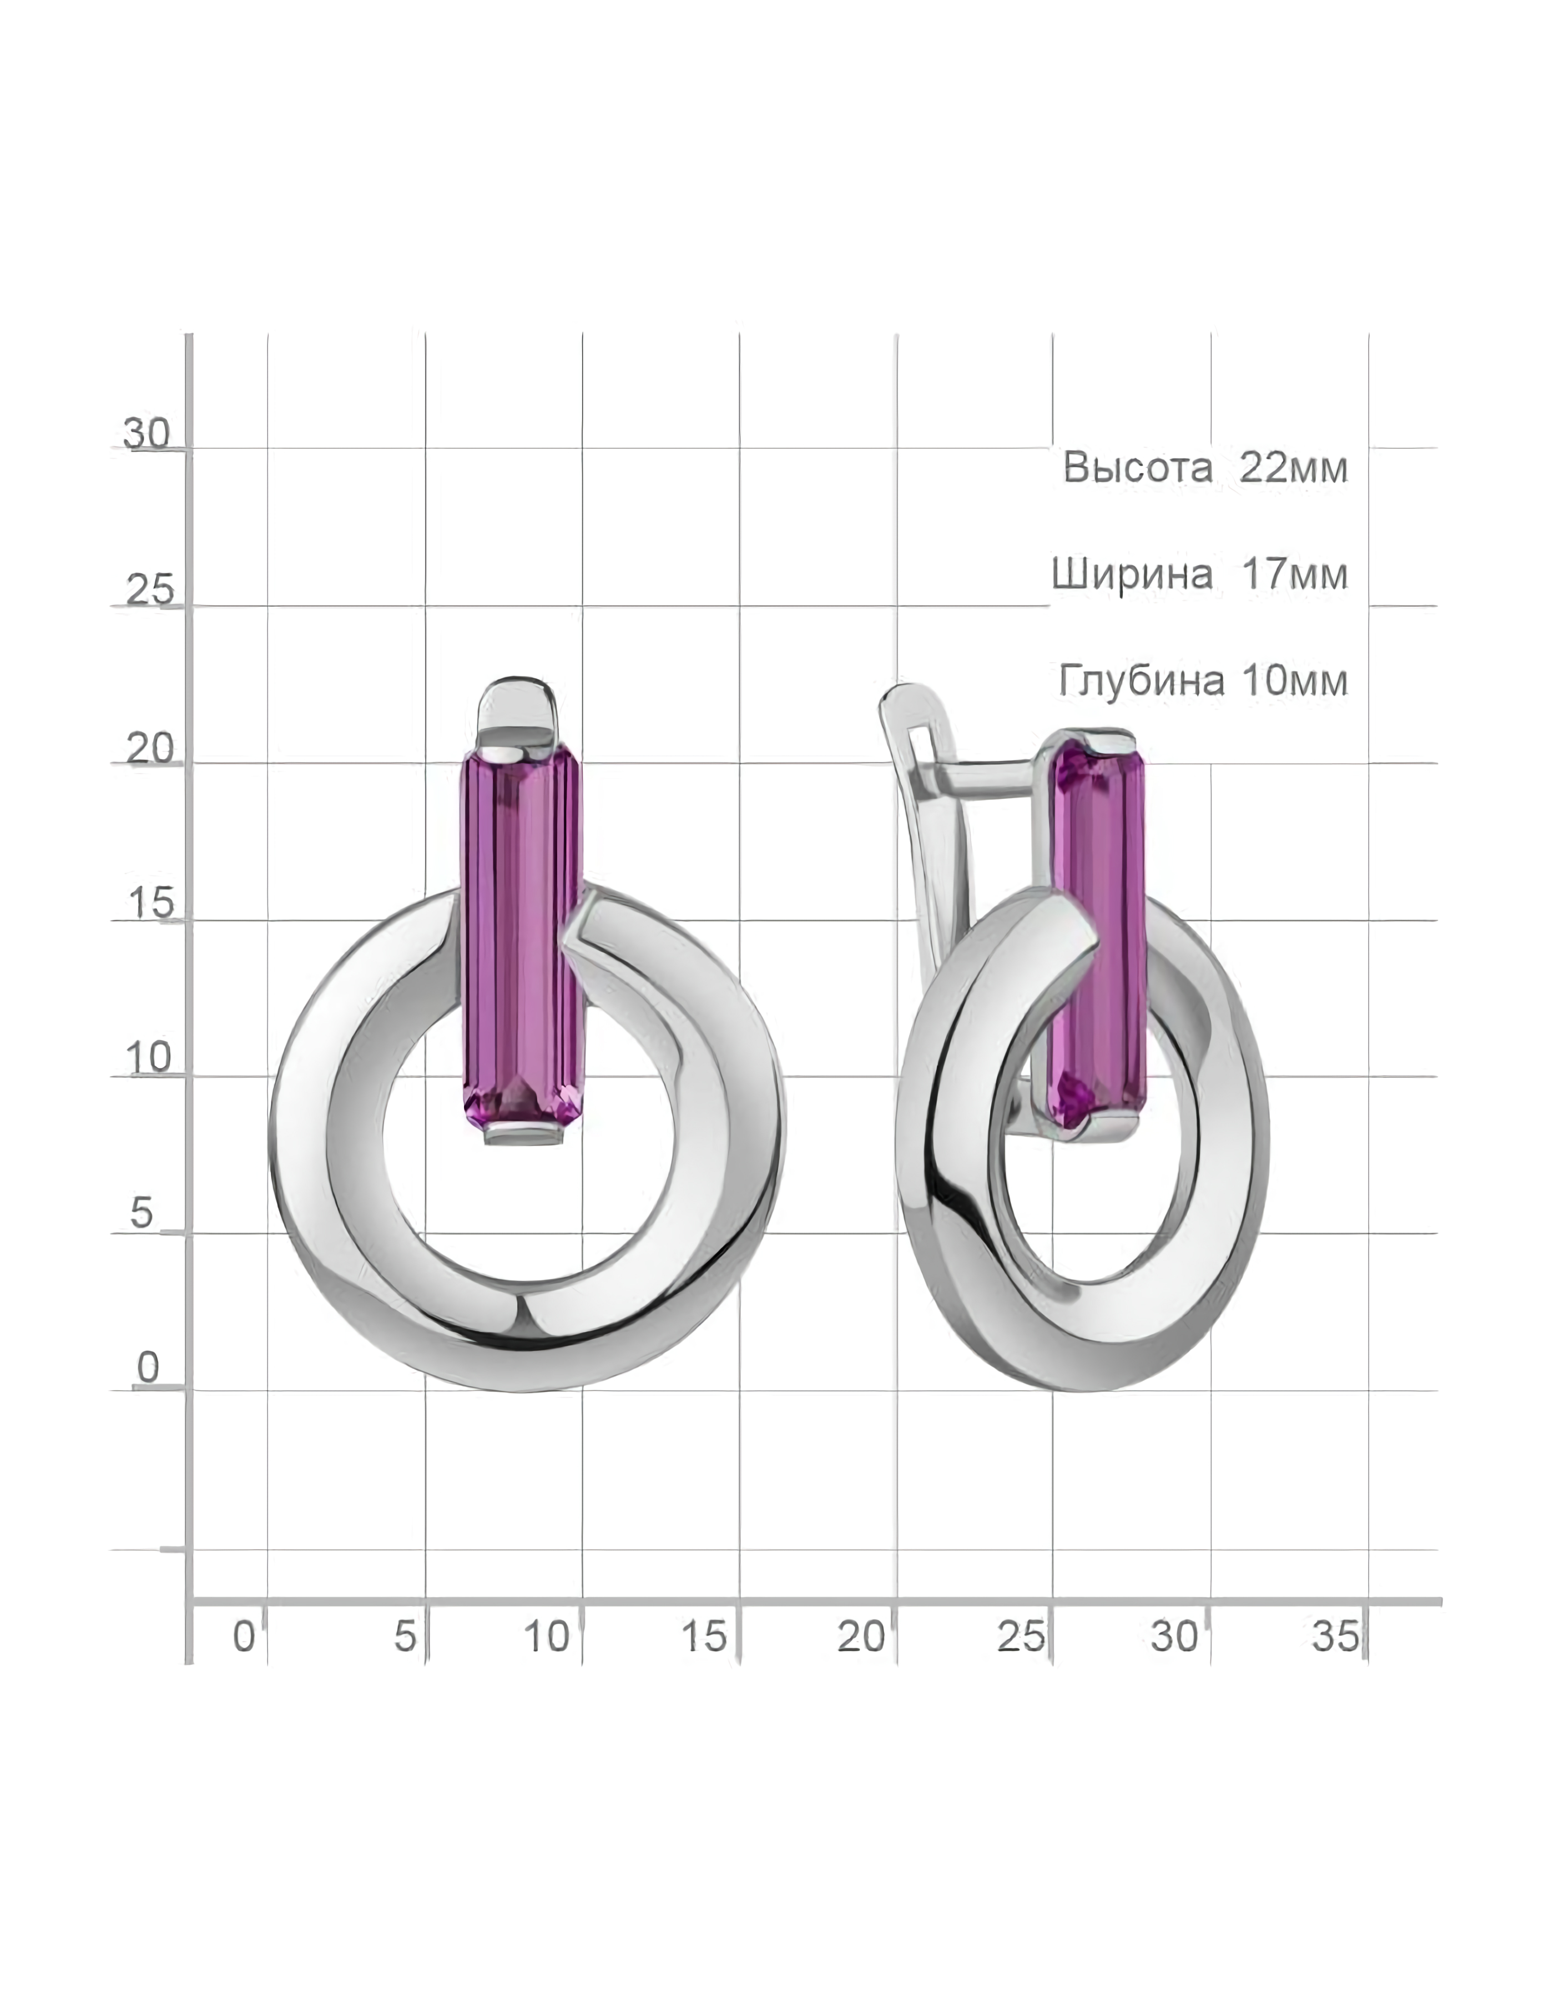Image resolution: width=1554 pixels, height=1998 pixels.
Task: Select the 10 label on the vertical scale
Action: (149, 1058)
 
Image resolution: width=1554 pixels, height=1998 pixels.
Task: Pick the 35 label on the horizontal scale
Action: (1335, 1636)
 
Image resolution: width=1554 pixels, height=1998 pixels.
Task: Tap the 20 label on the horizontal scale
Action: (861, 1636)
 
